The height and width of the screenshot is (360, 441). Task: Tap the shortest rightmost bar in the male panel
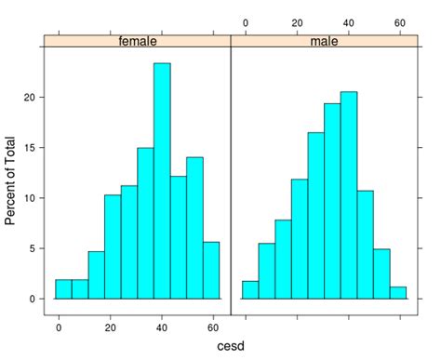[399, 293]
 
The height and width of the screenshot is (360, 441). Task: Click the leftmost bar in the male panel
[250, 290]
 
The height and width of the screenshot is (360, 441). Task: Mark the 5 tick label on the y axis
[33, 248]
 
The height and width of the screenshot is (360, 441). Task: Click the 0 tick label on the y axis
[33, 299]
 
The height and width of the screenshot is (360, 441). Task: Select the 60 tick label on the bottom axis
[214, 327]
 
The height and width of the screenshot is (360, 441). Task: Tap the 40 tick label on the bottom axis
[162, 327]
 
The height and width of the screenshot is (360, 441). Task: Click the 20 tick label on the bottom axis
[111, 327]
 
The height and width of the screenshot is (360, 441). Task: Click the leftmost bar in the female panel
[63, 289]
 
